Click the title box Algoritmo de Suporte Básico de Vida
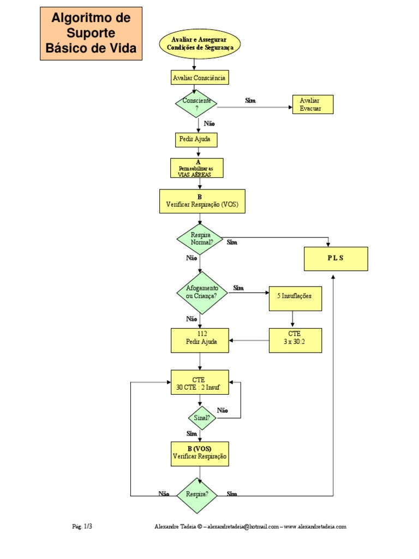point(91,33)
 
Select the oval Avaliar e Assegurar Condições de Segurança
point(199,44)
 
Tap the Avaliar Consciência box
point(199,78)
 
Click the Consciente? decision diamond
point(196,104)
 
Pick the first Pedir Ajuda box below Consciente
point(194,140)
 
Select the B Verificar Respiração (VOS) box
point(202,201)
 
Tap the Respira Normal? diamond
point(200,239)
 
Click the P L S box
point(336,259)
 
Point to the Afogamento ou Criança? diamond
point(202,293)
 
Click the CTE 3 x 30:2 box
point(295,340)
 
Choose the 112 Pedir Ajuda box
point(200,340)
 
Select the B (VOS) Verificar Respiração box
point(200,453)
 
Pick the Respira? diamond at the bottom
point(197,495)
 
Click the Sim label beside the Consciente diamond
point(250,101)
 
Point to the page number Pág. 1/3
point(82,527)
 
